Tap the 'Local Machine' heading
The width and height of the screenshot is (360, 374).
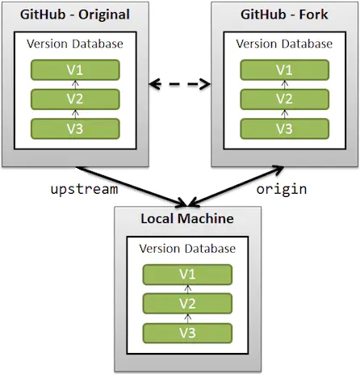[186, 219]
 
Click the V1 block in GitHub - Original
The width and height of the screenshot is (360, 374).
[75, 69]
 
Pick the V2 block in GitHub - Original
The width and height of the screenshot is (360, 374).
[75, 99]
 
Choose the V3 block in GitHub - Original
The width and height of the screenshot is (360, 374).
[75, 128]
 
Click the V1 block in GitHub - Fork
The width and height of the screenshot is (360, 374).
[284, 69]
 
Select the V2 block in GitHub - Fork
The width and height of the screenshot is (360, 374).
[284, 99]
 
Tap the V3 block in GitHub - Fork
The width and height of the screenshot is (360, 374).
[284, 128]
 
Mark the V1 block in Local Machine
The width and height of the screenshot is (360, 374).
[186, 274]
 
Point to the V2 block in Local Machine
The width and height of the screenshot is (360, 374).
[186, 303]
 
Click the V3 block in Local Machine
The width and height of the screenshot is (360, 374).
[186, 332]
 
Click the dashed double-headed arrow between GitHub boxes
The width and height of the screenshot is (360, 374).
[180, 82]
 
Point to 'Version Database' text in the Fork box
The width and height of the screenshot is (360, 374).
[284, 44]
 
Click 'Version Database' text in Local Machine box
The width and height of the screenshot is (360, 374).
[186, 248]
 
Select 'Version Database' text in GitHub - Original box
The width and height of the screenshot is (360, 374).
[75, 44]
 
